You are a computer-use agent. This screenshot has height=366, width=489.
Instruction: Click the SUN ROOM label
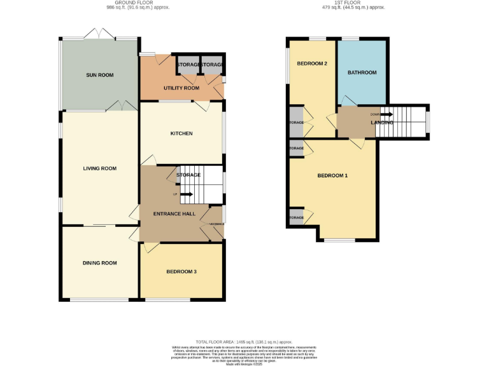pos(100,75)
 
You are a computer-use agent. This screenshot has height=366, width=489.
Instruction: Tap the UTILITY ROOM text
pos(181,88)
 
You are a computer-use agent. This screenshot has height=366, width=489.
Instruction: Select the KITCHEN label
pos(181,133)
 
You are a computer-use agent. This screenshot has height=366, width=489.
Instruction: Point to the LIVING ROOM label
pos(100,168)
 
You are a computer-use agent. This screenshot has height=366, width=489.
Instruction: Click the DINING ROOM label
pos(100,263)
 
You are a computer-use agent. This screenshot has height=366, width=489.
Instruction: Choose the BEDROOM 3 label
pos(181,271)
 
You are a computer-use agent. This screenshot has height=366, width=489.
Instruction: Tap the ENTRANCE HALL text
pos(174,214)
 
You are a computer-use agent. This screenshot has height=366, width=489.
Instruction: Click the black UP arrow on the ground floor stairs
pos(187,194)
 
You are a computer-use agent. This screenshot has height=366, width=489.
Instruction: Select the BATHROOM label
pos(362,72)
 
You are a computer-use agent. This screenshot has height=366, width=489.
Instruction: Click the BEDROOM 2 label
pos(312,64)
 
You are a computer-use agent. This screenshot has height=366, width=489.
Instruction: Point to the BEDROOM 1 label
pos(333,175)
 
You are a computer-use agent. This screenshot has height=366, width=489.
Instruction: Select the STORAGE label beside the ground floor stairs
pos(188,175)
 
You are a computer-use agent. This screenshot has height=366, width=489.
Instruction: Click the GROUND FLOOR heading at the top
pos(124,3)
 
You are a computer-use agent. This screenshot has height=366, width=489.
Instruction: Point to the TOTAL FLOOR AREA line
pos(244,341)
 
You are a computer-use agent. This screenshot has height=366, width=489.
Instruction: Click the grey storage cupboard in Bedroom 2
pos(296,123)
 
